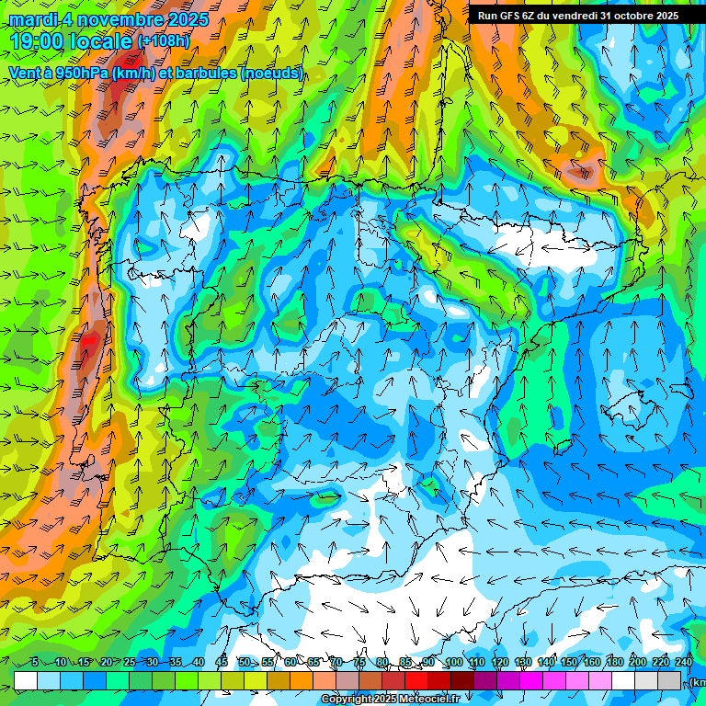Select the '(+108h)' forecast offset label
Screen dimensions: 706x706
point(165,40)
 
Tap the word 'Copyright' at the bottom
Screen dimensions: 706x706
point(347,700)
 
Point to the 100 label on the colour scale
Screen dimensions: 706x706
point(453,662)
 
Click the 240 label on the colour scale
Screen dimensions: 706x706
point(684,662)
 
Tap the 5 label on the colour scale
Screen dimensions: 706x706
point(35,662)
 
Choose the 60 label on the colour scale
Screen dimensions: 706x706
point(290,662)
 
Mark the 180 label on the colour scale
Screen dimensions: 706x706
point(613,662)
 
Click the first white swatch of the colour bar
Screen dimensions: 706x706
point(26,680)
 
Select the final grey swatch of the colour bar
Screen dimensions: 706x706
point(669,680)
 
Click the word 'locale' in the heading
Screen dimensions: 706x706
point(102,40)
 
